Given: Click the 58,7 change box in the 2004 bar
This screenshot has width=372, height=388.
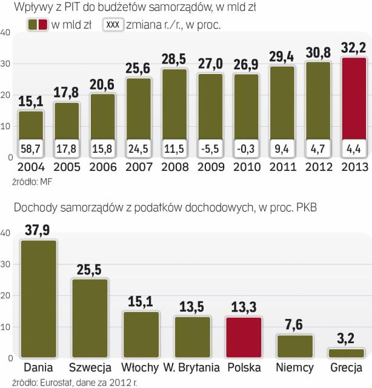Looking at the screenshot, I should [x=30, y=148].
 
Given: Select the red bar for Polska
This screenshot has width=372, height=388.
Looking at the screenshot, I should [x=244, y=337].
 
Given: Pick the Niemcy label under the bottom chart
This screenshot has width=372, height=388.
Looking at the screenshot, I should [x=295, y=368].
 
